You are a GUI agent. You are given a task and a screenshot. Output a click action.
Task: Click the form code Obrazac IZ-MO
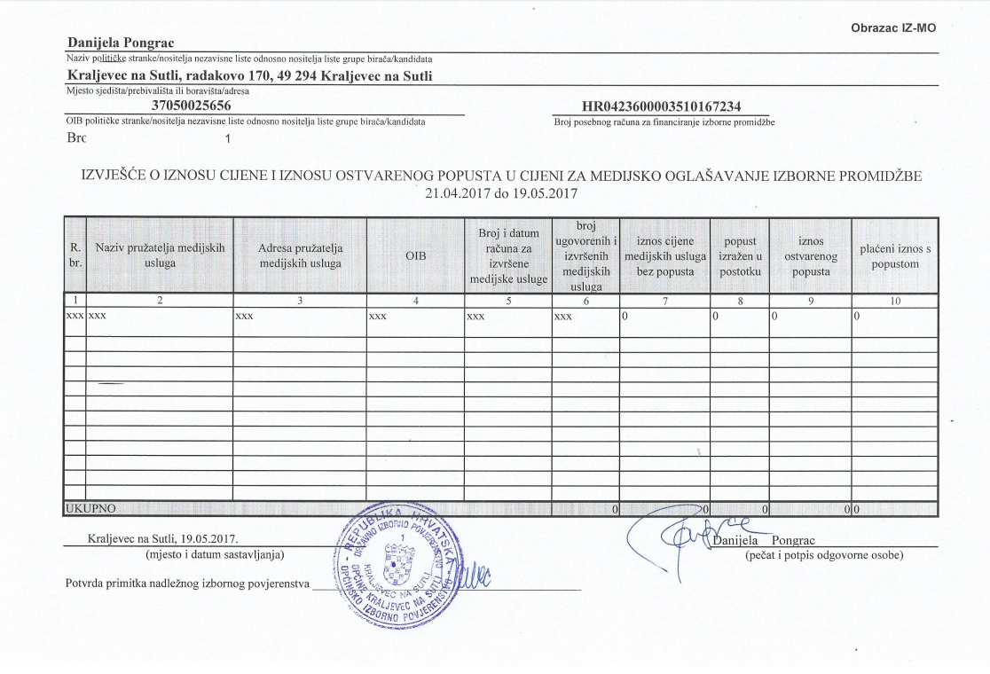tap(893, 28)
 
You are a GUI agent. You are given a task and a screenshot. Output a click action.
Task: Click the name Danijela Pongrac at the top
tap(121, 43)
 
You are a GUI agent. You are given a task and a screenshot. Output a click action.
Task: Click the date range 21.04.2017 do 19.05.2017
tap(501, 193)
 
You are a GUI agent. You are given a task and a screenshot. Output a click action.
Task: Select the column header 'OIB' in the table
tap(416, 255)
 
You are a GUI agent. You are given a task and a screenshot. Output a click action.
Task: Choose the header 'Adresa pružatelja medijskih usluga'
tap(300, 255)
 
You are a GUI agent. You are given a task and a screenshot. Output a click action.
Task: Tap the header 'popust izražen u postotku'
tap(740, 255)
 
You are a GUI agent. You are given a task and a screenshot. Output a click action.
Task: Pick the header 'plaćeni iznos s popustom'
tap(895, 255)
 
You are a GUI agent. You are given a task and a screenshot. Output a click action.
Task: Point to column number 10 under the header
tap(895, 301)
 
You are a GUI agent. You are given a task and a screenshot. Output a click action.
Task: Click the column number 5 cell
tap(507, 301)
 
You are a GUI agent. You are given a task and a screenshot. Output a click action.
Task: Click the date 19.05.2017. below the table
tap(216, 538)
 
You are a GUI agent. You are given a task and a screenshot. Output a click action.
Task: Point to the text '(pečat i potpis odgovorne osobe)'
tap(824, 555)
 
